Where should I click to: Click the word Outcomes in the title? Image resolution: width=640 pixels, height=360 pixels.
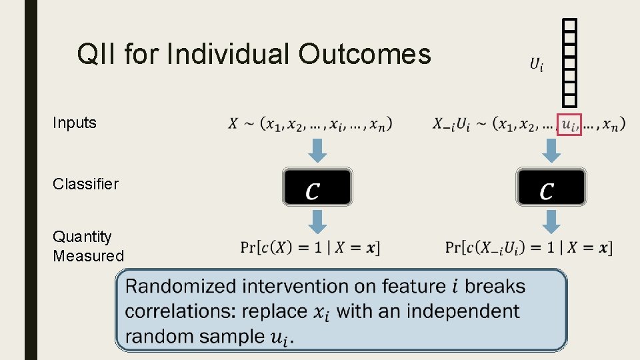[x=365, y=54]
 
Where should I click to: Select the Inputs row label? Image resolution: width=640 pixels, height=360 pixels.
[x=75, y=123]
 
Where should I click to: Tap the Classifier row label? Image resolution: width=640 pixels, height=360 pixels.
[x=85, y=184]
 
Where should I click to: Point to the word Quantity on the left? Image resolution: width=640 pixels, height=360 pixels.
[x=83, y=237]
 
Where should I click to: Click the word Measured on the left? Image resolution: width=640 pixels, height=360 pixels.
[x=88, y=256]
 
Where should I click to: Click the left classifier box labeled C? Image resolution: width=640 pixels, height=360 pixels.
[x=317, y=187]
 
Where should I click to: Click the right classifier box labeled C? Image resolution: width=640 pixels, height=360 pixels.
[x=551, y=187]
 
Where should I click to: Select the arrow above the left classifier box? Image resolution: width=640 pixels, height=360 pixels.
[x=318, y=150]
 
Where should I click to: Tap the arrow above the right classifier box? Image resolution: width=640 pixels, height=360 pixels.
[x=551, y=150]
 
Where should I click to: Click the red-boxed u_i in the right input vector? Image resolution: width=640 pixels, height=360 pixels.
[x=569, y=124]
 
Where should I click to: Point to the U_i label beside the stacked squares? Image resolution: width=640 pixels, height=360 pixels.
[x=536, y=65]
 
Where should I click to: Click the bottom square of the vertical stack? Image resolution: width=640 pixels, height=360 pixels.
[x=569, y=99]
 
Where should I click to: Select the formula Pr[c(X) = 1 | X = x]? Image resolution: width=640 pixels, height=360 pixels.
[x=310, y=248]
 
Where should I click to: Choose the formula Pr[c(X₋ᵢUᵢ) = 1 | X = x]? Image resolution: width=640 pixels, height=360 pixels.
[x=528, y=248]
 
